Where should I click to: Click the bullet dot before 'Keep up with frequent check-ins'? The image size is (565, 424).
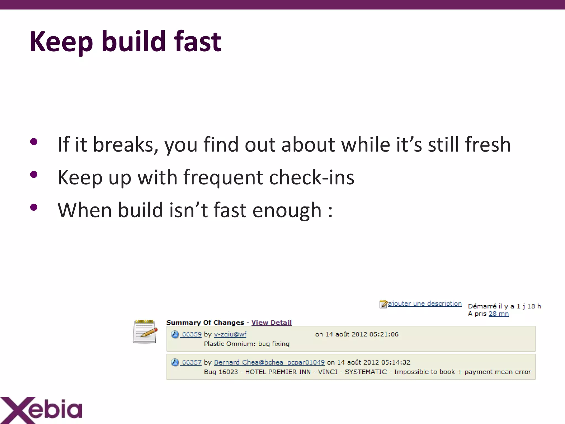[34, 175]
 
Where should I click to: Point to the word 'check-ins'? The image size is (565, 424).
[311, 177]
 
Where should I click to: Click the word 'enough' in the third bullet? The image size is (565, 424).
[287, 210]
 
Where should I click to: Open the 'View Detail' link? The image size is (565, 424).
[271, 322]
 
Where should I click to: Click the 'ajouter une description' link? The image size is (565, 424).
[425, 304]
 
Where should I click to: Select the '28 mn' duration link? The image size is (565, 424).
[498, 314]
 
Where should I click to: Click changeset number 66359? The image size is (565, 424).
[192, 334]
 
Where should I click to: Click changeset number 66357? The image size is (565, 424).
[192, 362]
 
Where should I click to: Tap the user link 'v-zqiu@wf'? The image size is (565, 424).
[230, 334]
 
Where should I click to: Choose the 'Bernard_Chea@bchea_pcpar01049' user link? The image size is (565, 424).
[269, 362]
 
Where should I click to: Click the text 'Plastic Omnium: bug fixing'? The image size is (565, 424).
[247, 344]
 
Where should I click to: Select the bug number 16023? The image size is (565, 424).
[228, 372]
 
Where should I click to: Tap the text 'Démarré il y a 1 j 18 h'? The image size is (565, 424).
[504, 306]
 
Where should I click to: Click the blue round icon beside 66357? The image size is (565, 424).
[175, 362]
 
